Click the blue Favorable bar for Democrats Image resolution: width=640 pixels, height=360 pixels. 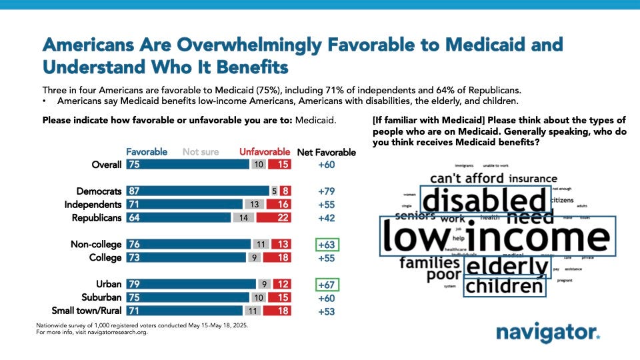coord(197,191)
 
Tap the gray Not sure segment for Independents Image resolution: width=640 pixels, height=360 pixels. coord(252,204)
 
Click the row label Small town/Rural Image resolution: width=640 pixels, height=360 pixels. coord(87,311)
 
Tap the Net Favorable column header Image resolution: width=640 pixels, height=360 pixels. coord(326,152)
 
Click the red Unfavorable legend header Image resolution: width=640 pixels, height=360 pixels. coord(265,152)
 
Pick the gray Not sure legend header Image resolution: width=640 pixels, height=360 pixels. coord(201,152)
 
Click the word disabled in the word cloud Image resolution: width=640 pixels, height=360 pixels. coord(485,200)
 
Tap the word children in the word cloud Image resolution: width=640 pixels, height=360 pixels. coord(505,287)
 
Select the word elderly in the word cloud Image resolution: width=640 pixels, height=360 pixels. coord(507,267)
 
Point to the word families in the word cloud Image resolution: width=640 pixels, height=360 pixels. coord(429,262)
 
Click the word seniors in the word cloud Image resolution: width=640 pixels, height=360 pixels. coord(415,215)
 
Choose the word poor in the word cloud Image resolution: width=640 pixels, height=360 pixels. coord(444,275)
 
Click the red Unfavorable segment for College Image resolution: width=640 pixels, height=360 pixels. coord(277,258)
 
